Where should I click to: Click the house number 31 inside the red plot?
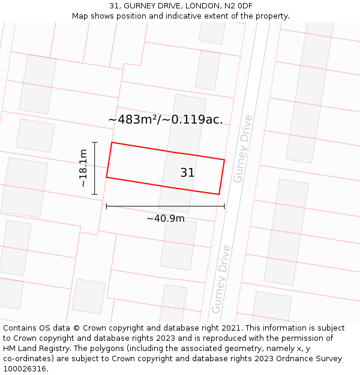point(187,173)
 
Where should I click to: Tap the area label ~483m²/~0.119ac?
point(165,119)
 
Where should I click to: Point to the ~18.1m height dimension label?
point(83,169)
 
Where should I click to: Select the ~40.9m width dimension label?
point(166,218)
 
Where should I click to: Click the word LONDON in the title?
point(203,5)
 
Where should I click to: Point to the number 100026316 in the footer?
point(25,369)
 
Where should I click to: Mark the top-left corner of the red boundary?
point(112,143)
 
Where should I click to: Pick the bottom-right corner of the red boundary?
point(219,194)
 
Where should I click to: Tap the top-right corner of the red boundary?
point(224,160)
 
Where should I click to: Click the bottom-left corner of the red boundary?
point(107,177)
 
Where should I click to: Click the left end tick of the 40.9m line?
point(107,206)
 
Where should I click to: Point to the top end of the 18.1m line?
point(94,142)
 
